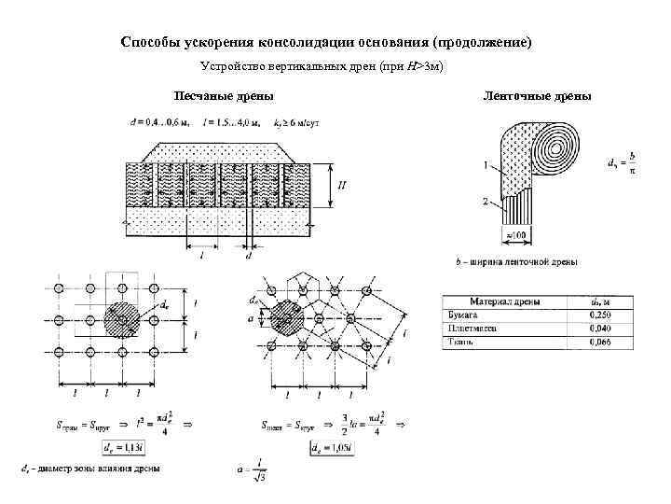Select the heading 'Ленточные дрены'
[536, 96]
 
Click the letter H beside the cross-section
[342, 185]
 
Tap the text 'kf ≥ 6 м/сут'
[296, 122]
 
